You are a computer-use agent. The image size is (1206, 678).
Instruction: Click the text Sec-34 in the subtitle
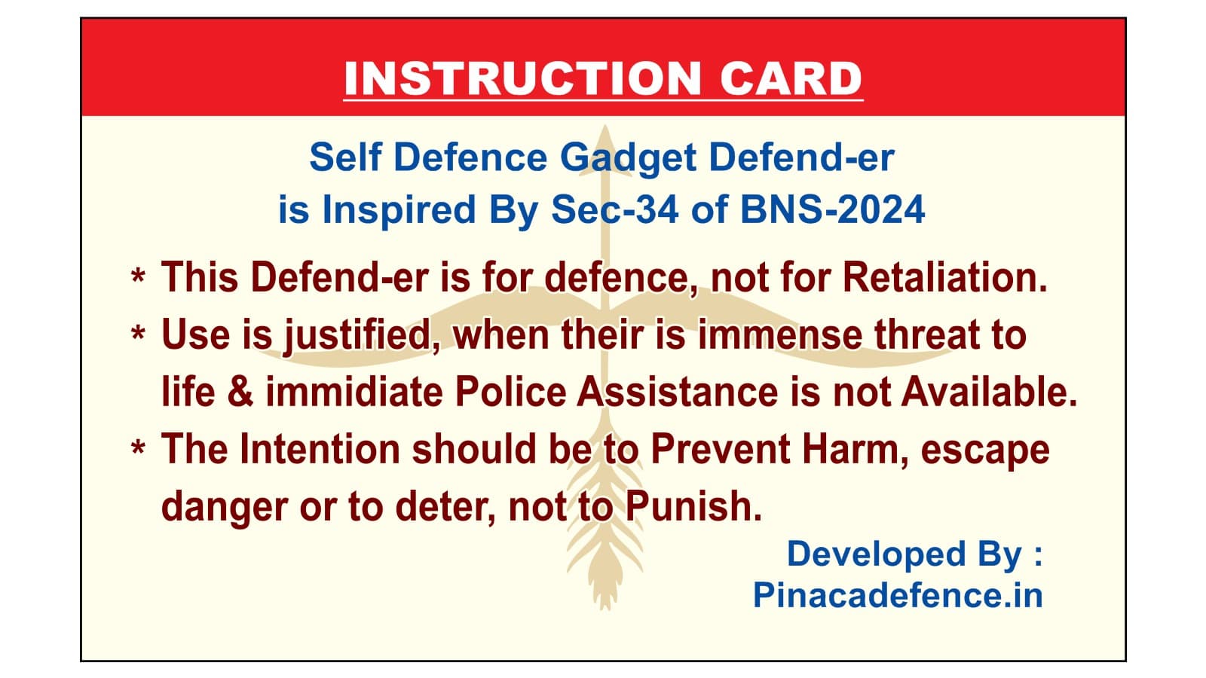615,209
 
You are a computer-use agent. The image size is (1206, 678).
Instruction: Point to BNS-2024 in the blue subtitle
832,209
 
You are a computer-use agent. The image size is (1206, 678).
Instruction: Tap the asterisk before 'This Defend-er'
138,279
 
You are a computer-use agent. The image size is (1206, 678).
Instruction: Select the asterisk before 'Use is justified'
138,335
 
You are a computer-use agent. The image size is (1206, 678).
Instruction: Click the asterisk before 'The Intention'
138,450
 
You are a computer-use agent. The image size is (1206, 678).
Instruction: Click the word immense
780,334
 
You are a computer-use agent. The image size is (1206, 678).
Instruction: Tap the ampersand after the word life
240,392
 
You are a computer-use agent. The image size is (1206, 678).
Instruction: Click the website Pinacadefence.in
898,595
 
